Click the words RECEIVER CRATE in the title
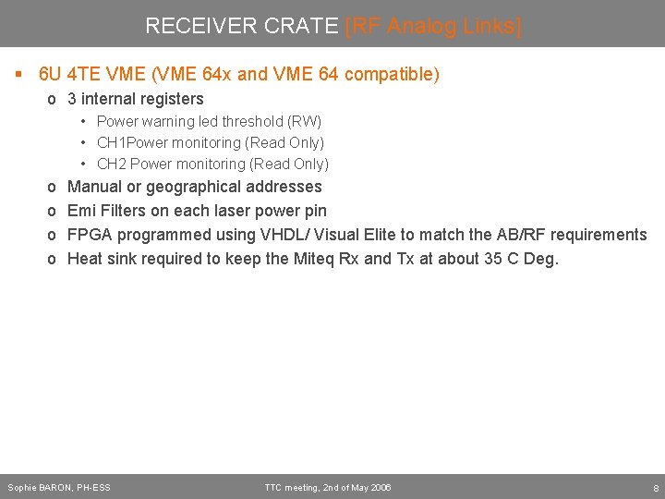pyautogui.click(x=242, y=26)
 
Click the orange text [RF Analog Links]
pyautogui.click(x=433, y=26)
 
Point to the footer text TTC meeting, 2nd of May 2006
pyautogui.click(x=327, y=487)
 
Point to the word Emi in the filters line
pyautogui.click(x=81, y=211)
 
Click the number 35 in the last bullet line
pyautogui.click(x=493, y=259)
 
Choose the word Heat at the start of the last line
pyautogui.click(x=86, y=259)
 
